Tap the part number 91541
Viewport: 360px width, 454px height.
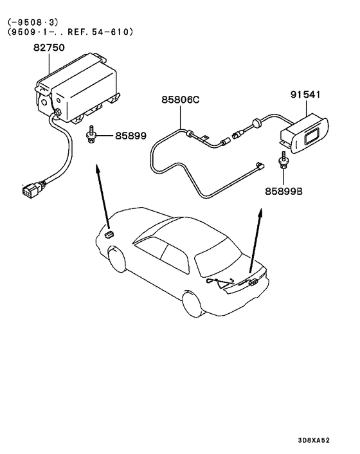305,95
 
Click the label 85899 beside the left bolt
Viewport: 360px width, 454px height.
130,136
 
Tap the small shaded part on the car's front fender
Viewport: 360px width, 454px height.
110,233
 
